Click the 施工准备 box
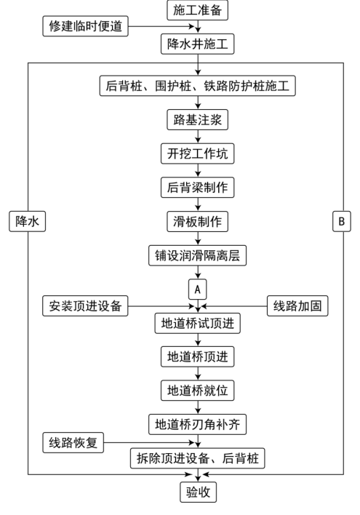[x=197, y=10]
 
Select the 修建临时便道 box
[x=85, y=26]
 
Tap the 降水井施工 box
[x=197, y=44]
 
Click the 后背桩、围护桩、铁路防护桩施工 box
[x=197, y=86]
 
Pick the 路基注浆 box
[x=197, y=120]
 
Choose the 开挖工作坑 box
[x=197, y=153]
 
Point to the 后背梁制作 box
[x=197, y=188]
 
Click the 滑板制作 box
[x=197, y=222]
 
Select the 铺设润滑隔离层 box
[x=197, y=255]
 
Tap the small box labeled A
[x=197, y=290]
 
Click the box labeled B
[x=342, y=222]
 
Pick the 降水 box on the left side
[x=27, y=222]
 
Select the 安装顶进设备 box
[x=85, y=306]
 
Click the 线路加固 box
[x=297, y=306]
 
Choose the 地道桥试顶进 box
[x=197, y=324]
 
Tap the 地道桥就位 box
[x=197, y=391]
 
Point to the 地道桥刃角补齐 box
[x=197, y=424]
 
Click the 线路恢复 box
[x=73, y=443]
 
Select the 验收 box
[x=198, y=492]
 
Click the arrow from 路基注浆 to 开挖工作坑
[x=198, y=137]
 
